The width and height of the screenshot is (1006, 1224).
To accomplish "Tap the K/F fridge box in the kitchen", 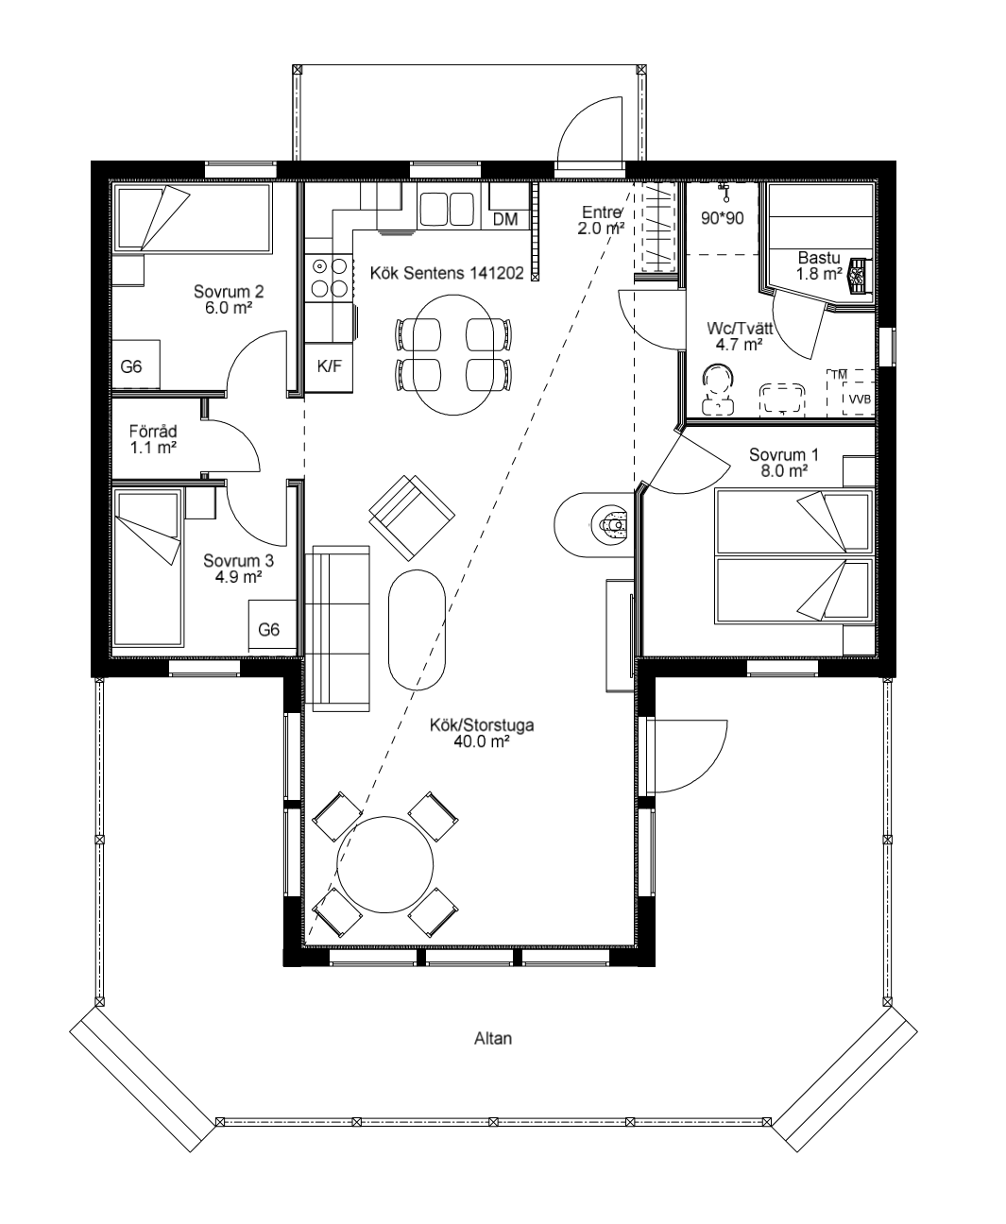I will [x=329, y=367].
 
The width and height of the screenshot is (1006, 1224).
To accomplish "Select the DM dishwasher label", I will [x=505, y=219].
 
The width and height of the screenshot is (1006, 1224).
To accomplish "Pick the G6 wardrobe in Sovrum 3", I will [x=270, y=629].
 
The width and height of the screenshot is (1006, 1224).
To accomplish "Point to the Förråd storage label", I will [x=153, y=439].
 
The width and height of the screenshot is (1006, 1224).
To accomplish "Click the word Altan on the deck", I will [x=492, y=1038].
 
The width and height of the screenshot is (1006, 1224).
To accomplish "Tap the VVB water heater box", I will [x=858, y=399].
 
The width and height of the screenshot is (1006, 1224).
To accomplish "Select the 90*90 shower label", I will [x=723, y=218].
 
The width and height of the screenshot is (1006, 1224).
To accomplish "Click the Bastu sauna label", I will [x=818, y=264].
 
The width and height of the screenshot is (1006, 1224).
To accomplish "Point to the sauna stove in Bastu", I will [x=858, y=275].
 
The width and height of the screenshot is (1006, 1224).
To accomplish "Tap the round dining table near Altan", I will [x=385, y=864].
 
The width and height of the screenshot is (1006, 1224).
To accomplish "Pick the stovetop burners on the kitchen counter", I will [x=328, y=279].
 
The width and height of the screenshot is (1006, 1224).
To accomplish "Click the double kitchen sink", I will [x=447, y=209].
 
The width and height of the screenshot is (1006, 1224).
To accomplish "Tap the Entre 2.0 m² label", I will [x=602, y=221].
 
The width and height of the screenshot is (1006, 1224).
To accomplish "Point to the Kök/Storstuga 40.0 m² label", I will [x=482, y=733].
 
